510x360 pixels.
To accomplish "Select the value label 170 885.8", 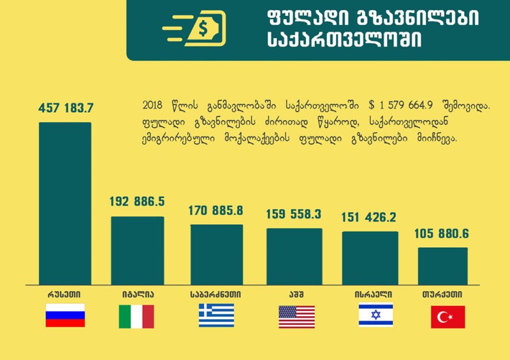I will tap(216, 210).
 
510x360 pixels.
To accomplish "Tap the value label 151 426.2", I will tap(370, 217).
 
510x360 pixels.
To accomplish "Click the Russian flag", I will tap(65, 315).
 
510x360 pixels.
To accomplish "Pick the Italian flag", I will tap(136, 316).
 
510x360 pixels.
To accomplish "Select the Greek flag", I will tap(217, 315).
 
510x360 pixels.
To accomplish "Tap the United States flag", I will tap(296, 316).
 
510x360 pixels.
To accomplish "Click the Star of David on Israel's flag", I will tap(375, 315).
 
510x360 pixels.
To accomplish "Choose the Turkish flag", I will tap(448, 317).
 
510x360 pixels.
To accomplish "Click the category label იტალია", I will tap(138, 295).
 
